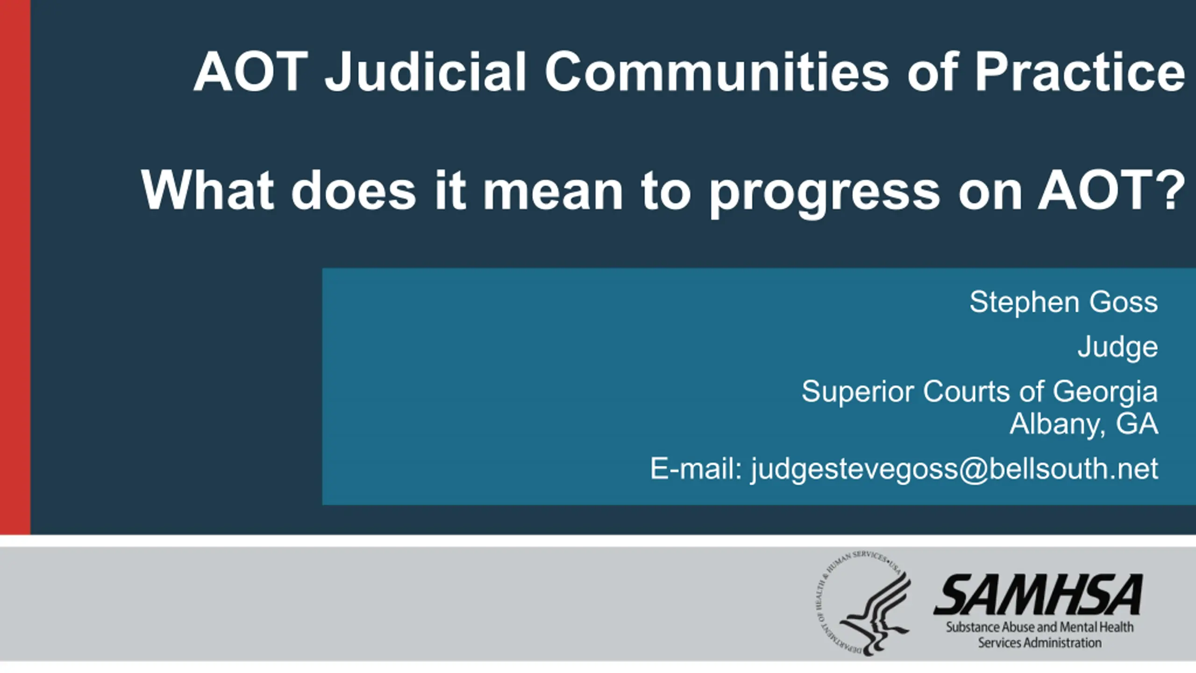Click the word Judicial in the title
tap(426, 73)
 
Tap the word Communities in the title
tap(717, 72)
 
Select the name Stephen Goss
tap(1064, 303)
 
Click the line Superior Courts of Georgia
tap(980, 392)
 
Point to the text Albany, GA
tap(1084, 424)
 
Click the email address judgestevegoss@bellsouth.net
tap(954, 469)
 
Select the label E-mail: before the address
tap(696, 468)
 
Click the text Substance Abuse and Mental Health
tap(1040, 627)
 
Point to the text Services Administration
tap(1040, 643)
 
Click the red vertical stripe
tap(15, 267)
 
